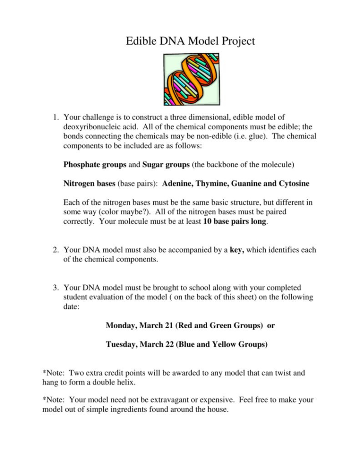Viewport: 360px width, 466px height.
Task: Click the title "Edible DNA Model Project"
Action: pos(190,41)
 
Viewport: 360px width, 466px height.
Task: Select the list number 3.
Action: pos(55,288)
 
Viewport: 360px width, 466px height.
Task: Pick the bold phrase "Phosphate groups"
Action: pos(94,165)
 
